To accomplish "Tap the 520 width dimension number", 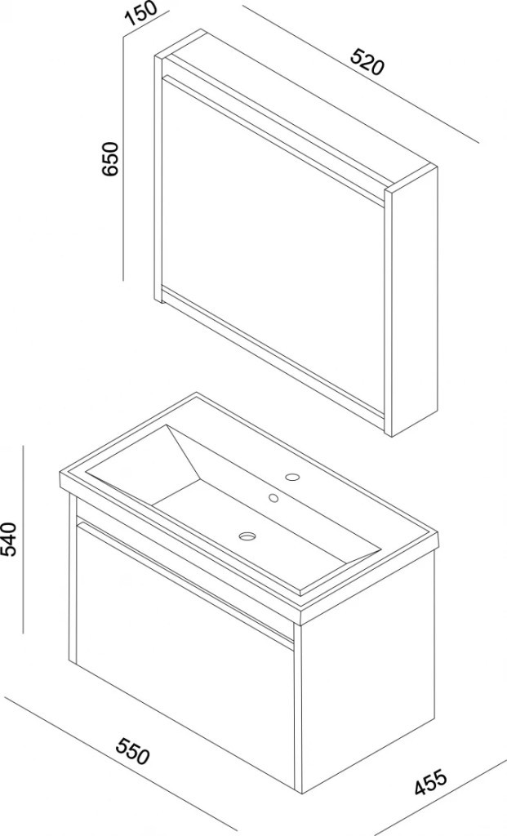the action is (x=367, y=61).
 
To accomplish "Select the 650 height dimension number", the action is (x=110, y=158).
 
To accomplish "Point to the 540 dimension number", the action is (x=10, y=539).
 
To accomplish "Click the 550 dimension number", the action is (x=133, y=750).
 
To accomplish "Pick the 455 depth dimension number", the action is (x=431, y=782).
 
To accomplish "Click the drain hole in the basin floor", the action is (x=247, y=536).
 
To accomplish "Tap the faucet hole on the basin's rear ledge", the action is (x=292, y=477).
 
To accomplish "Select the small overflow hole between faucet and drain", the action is (x=274, y=498).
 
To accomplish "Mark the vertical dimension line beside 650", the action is (x=123, y=158).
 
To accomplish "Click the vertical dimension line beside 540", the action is (x=23, y=540).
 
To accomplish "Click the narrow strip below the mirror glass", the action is (x=272, y=351).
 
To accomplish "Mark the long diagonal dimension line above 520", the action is (x=360, y=74).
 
